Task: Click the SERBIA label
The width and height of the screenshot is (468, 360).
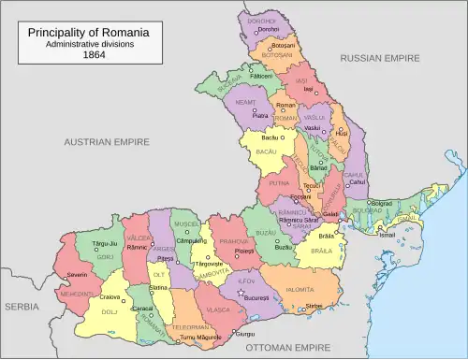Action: (22, 306)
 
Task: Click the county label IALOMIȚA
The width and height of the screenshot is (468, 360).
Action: (308, 290)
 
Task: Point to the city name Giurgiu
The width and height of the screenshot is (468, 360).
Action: (244, 333)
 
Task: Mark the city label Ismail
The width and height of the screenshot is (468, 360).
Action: (386, 235)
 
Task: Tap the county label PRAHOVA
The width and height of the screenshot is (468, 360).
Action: (233, 241)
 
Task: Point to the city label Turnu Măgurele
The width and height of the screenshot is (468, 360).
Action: (200, 337)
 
